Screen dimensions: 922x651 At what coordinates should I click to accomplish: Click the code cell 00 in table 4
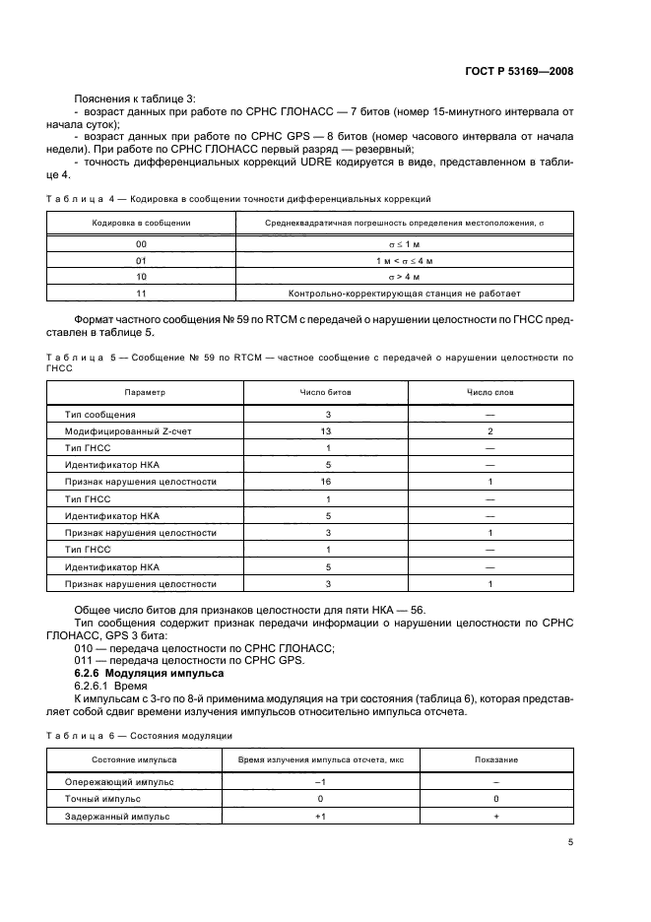point(141,242)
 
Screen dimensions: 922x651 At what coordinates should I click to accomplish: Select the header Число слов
point(488,392)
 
